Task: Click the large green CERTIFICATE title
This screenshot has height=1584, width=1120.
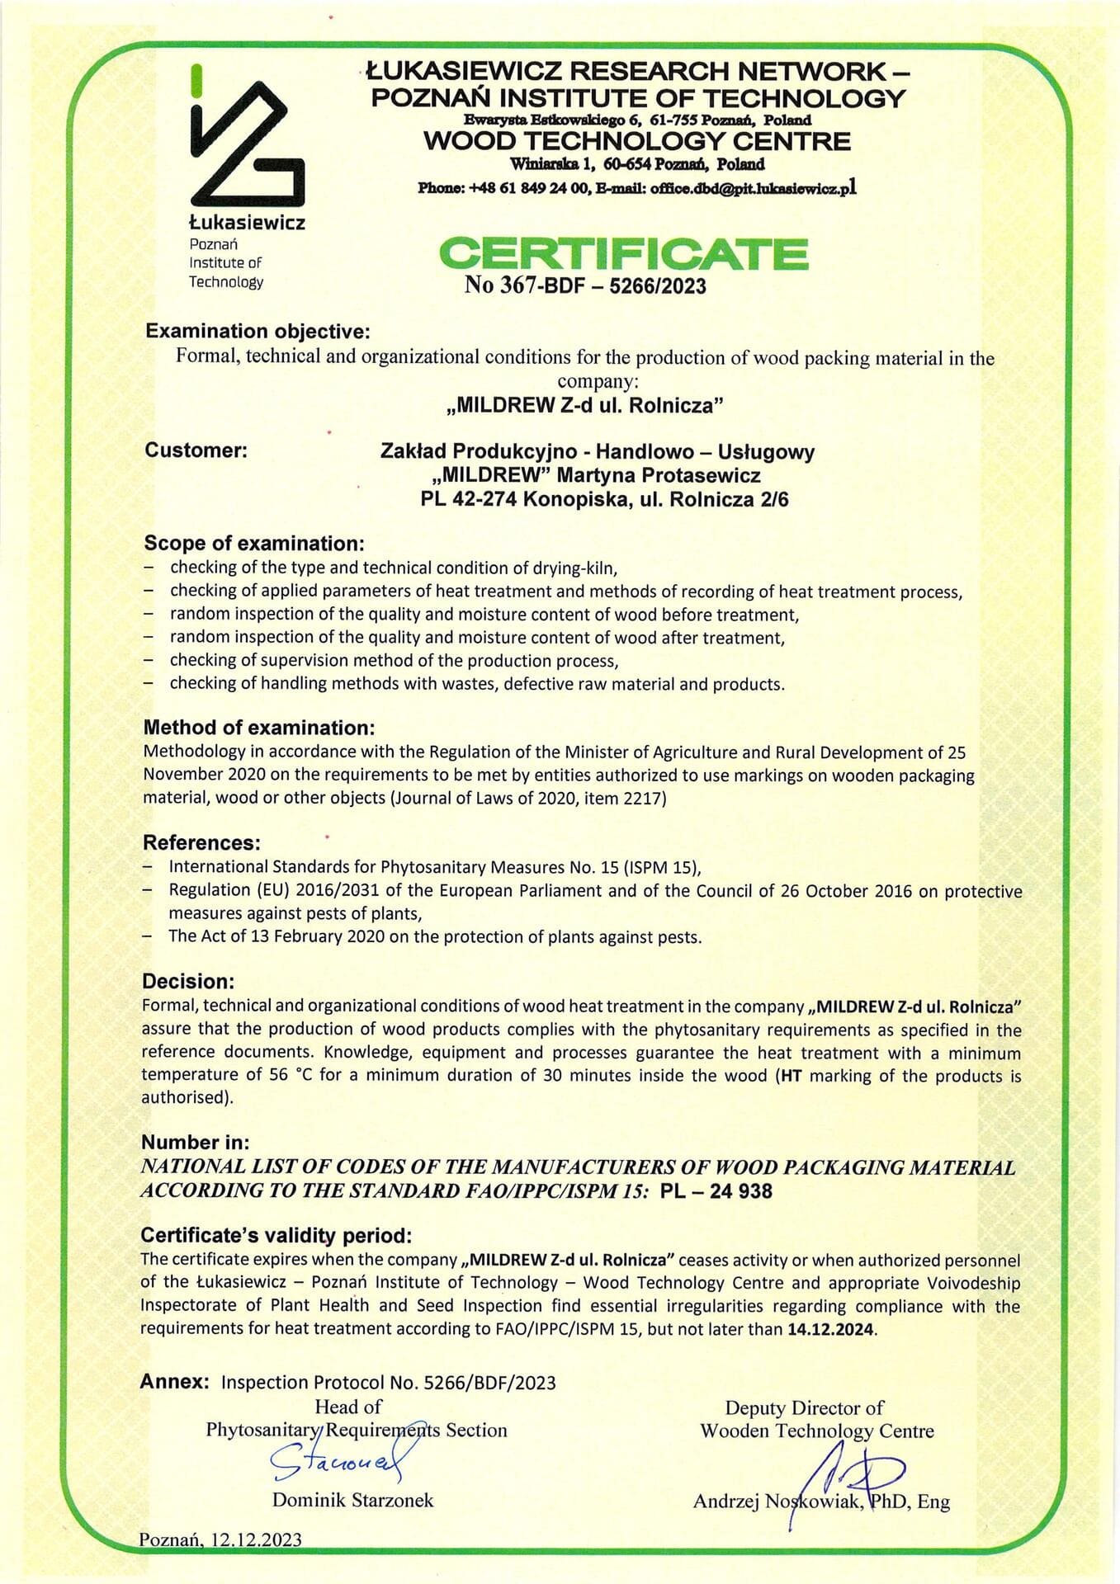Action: pyautogui.click(x=623, y=253)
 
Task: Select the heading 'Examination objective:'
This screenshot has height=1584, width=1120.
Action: pyautogui.click(x=258, y=332)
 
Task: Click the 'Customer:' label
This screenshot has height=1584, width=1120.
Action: pyautogui.click(x=196, y=450)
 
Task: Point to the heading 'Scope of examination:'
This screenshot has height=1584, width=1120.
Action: pyautogui.click(x=253, y=544)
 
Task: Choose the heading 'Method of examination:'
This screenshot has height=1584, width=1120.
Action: pyautogui.click(x=259, y=728)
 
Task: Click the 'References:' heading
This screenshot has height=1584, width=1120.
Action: pyautogui.click(x=201, y=842)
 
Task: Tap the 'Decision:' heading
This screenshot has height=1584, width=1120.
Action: pyautogui.click(x=188, y=982)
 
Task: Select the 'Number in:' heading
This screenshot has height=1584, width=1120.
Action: pyautogui.click(x=195, y=1143)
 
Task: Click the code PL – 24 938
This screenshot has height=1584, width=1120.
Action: pyautogui.click(x=716, y=1191)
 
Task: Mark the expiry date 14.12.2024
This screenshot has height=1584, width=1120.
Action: pyautogui.click(x=832, y=1329)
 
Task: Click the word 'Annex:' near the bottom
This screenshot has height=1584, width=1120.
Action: pyautogui.click(x=175, y=1382)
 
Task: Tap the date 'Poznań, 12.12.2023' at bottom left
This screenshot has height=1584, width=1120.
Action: pyautogui.click(x=220, y=1539)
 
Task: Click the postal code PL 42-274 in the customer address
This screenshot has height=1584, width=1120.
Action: pyautogui.click(x=468, y=499)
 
